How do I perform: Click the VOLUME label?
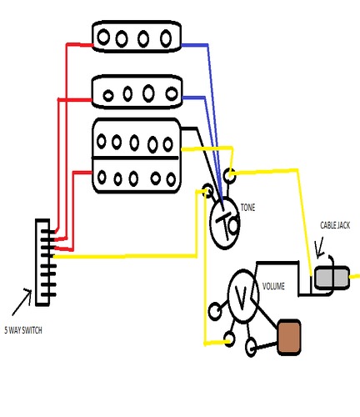pyautogui.click(x=274, y=286)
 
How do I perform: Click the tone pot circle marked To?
pyautogui.click(x=227, y=223)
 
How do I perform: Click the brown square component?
pyautogui.click(x=288, y=336)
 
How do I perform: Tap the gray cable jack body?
pyautogui.click(x=331, y=278)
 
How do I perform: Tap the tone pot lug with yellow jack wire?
pyautogui.click(x=230, y=174)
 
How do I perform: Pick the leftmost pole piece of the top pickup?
pyautogui.click(x=106, y=37)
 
